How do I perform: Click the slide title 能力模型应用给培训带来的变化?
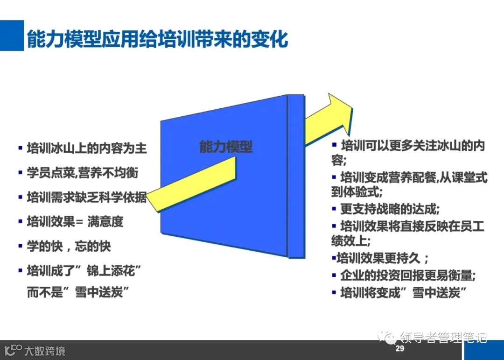157,40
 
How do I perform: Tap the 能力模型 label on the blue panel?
226,147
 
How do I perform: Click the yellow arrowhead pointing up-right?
339,113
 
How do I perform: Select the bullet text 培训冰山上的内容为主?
86,148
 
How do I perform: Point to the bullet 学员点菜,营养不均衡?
82,173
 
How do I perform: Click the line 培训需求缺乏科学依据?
86,197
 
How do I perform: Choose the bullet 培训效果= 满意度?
75,221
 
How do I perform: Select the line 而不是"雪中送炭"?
78,293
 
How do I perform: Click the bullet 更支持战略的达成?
390,208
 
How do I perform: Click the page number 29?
399,349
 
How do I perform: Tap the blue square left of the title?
12,35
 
